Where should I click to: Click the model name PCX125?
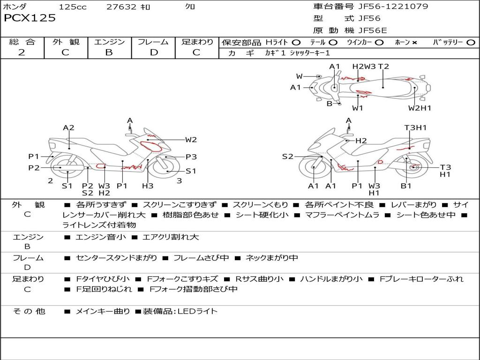30,18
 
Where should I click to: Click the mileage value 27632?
121,7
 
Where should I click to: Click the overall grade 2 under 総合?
22,52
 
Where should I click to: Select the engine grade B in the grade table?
109,52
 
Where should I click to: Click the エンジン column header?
109,42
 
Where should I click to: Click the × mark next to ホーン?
414,43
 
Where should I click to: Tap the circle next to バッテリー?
471,43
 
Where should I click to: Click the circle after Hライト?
296,43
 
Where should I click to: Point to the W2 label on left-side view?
191,139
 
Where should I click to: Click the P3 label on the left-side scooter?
191,157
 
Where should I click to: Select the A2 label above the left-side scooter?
69,127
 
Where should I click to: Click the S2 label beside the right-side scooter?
287,157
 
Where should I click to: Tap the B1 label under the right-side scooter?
406,186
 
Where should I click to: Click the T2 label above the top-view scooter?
383,67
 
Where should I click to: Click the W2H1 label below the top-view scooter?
419,108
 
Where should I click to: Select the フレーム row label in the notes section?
28,258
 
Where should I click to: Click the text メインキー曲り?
102,311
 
